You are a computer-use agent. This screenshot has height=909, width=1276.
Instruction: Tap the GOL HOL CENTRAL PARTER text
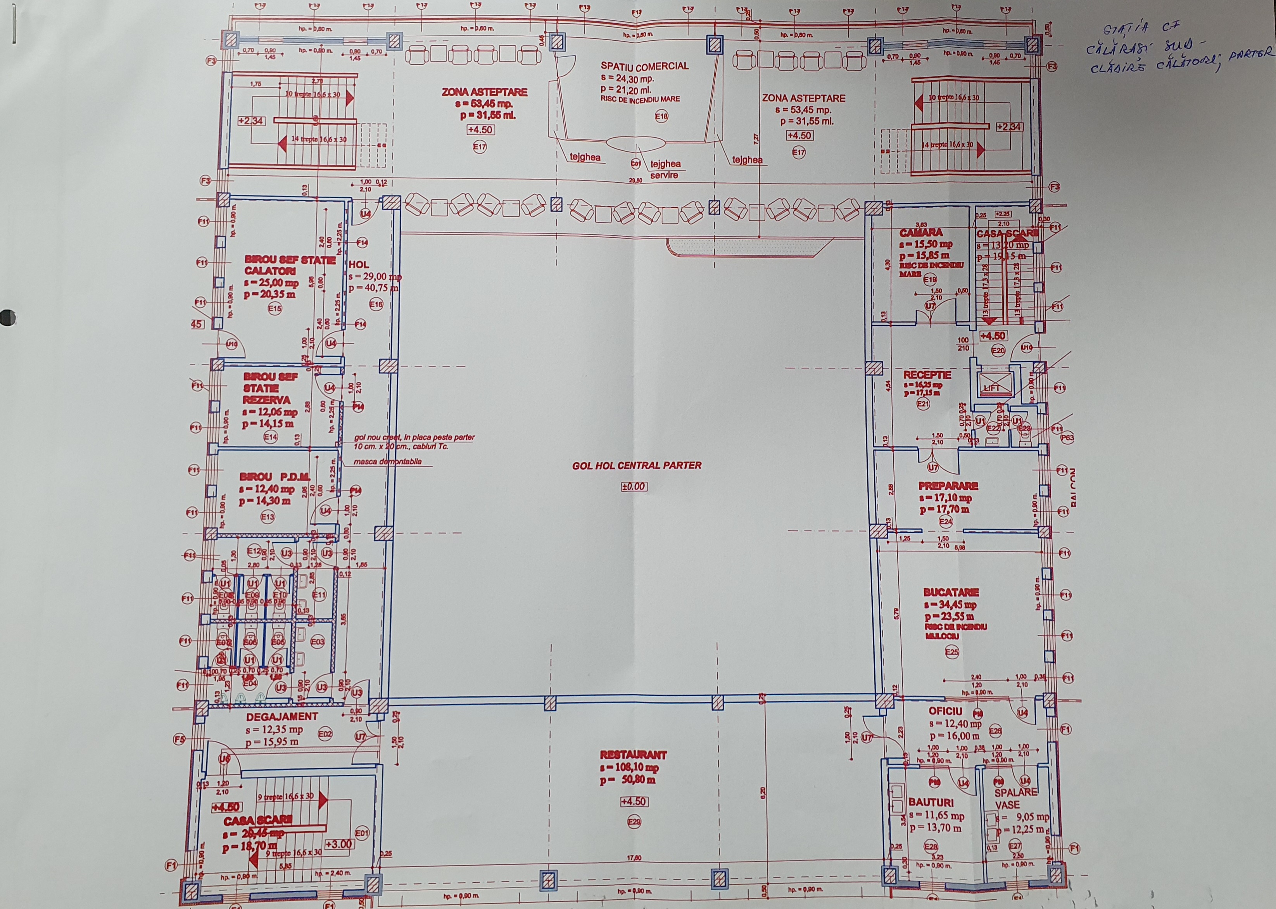click(x=636, y=465)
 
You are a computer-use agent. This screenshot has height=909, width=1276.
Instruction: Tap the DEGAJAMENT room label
click(x=282, y=716)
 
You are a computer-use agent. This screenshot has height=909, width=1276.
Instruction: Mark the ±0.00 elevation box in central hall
click(x=634, y=487)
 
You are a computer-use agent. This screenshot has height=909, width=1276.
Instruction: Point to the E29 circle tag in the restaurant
click(x=634, y=822)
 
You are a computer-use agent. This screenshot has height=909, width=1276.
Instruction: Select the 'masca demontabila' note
click(x=387, y=462)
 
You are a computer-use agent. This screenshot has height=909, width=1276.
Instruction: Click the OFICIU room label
click(x=945, y=711)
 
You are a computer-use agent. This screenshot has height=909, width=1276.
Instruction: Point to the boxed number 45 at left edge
click(x=197, y=323)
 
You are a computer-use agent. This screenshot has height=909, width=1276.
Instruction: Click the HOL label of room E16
click(x=359, y=264)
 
